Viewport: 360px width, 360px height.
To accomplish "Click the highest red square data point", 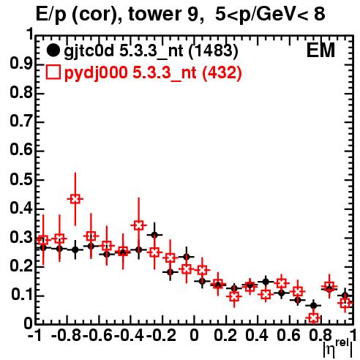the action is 75,199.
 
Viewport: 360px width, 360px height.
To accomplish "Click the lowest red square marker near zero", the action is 314,318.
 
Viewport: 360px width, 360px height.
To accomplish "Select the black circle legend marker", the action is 53,50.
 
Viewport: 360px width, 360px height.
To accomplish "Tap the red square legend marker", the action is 53,72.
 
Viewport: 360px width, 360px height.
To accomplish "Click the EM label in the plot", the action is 320,50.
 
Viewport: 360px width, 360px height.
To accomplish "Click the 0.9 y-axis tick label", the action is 22,64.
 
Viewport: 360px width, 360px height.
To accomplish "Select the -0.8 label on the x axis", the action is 67,336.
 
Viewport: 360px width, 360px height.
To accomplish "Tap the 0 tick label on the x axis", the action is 194,336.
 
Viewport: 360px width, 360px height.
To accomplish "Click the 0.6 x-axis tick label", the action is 289,336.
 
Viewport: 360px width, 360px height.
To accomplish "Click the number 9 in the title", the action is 192,14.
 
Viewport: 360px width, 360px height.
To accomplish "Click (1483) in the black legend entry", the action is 214,50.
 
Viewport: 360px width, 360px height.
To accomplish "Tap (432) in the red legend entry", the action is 222,72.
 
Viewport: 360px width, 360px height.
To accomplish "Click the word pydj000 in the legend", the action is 96,73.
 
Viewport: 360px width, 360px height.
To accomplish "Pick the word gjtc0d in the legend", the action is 89,51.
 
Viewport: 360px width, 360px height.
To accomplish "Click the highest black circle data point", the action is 154,235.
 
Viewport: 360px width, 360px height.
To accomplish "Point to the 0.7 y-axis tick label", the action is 22,121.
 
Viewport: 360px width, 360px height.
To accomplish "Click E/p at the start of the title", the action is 51,15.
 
